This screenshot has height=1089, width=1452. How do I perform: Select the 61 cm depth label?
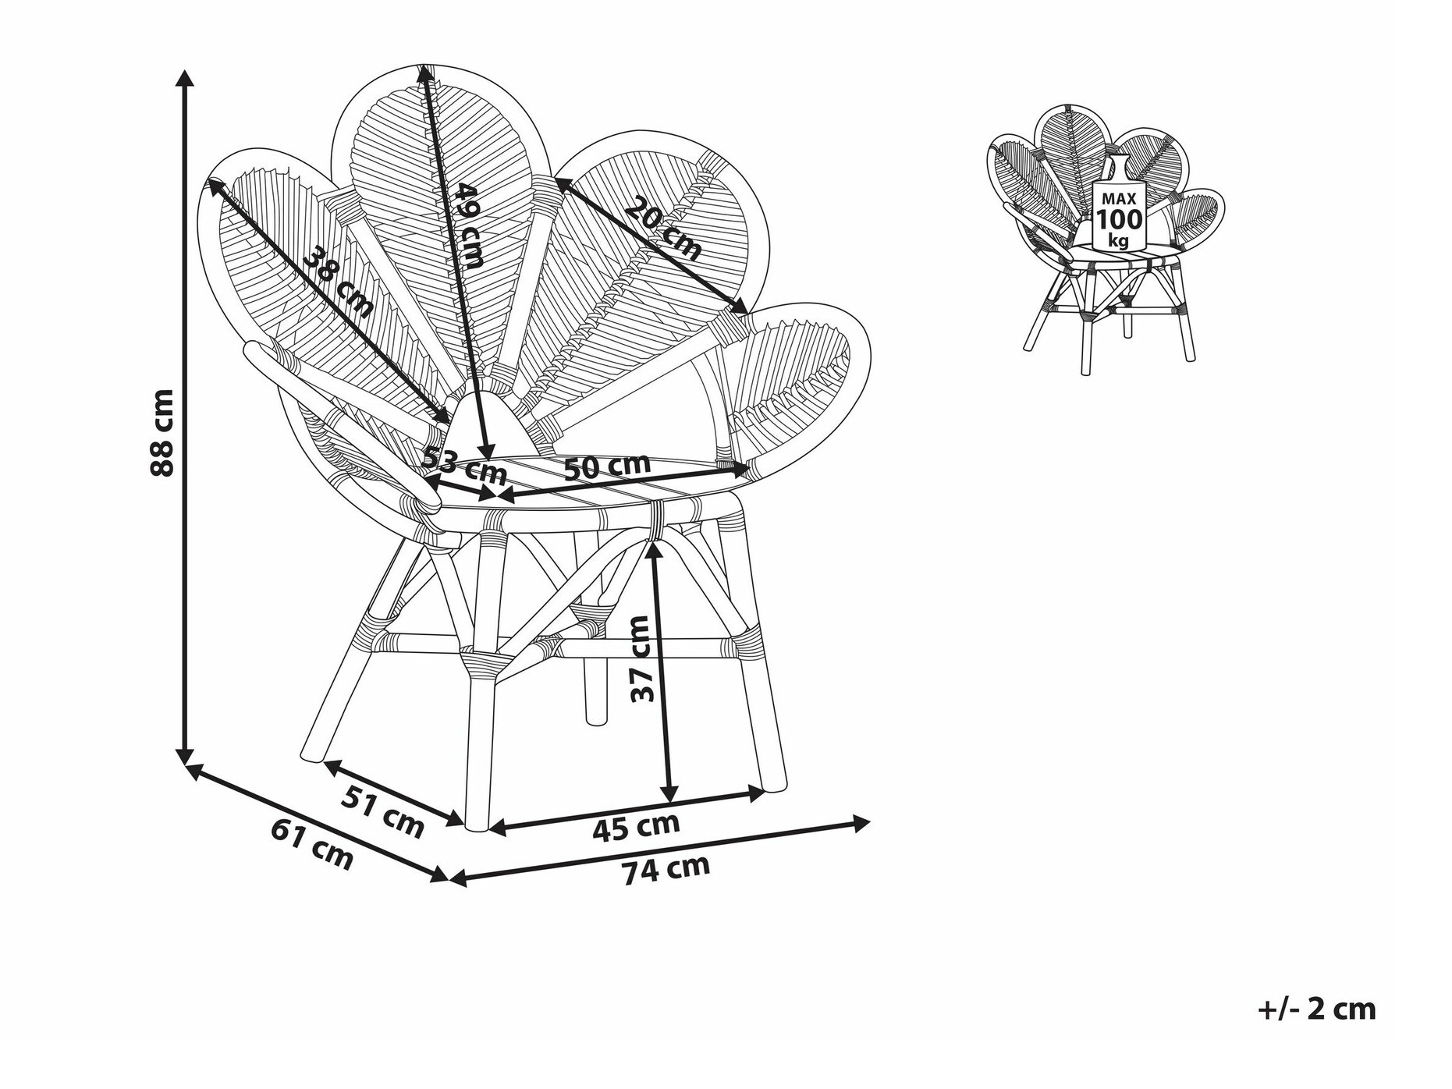point(312,843)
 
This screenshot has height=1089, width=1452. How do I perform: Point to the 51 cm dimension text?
point(383,811)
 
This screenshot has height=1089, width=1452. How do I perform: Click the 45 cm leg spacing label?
point(636,826)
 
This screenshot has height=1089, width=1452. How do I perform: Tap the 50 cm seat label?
point(606,466)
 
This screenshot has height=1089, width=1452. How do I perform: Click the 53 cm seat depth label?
point(465,466)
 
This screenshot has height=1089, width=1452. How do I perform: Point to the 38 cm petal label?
point(338,282)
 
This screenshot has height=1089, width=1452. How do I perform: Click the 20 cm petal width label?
point(663,229)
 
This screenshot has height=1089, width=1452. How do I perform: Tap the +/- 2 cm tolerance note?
point(1317,1009)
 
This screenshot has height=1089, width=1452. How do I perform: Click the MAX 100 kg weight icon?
point(1119,204)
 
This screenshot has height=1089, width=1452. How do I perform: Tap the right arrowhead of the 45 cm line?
point(756,795)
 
